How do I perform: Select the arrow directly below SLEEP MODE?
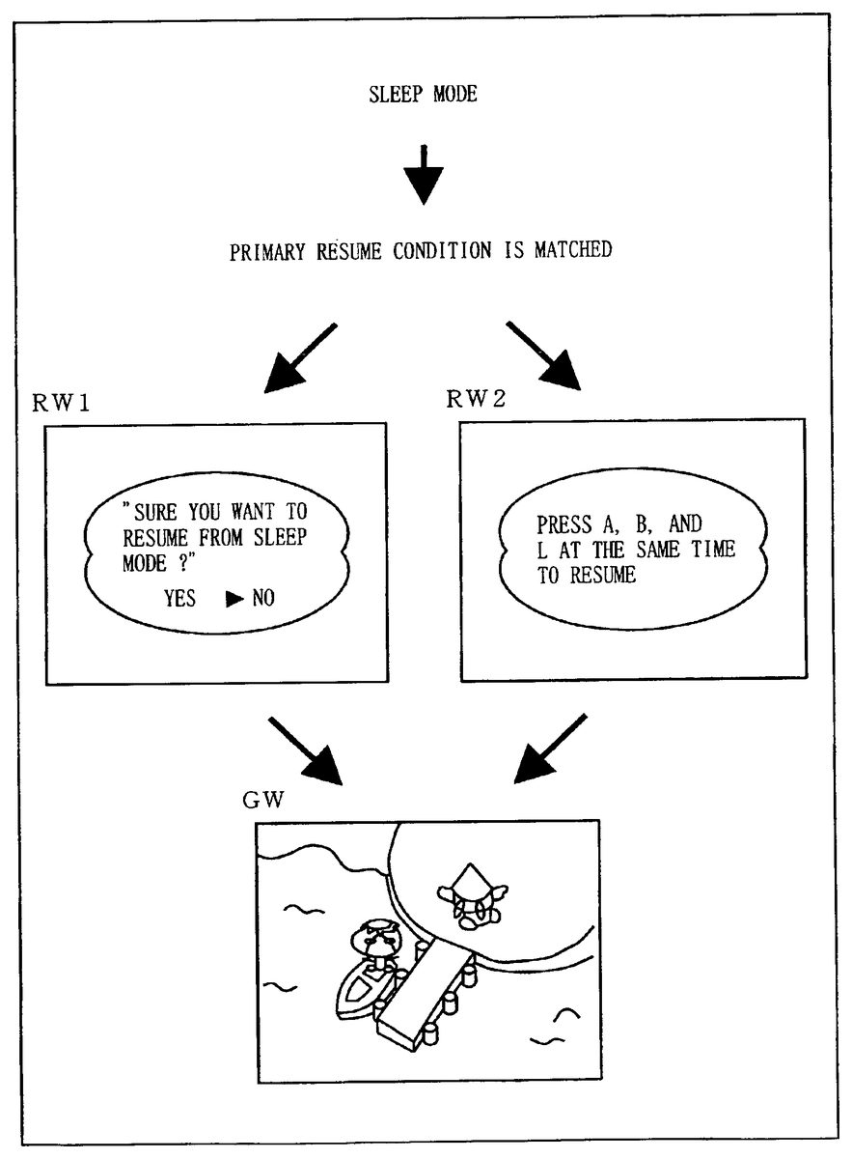click(x=423, y=174)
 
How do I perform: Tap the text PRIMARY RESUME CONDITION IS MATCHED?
click(x=420, y=250)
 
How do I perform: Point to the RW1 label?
click(x=62, y=404)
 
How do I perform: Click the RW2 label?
click(x=476, y=401)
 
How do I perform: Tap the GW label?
click(x=261, y=802)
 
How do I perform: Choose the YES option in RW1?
click(x=179, y=599)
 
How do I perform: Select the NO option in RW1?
click(x=262, y=599)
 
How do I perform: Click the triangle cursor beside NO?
click(x=234, y=599)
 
